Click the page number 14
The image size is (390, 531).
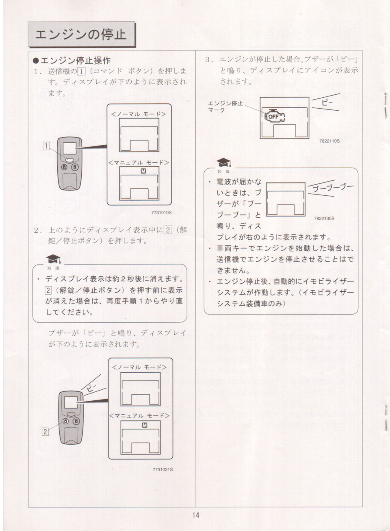[x=196, y=515]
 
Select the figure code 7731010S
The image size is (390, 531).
[x=162, y=212]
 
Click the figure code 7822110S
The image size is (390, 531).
[x=329, y=141]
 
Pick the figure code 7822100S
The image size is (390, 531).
[x=324, y=219]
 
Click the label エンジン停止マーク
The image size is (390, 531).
[x=225, y=107]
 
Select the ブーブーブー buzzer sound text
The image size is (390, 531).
[x=333, y=188]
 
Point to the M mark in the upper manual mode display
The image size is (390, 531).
[x=143, y=171]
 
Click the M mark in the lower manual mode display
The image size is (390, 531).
[x=145, y=425]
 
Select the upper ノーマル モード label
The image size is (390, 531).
[x=139, y=114]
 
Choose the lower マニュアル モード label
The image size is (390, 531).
[x=139, y=416]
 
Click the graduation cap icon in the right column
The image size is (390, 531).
[x=223, y=163]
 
